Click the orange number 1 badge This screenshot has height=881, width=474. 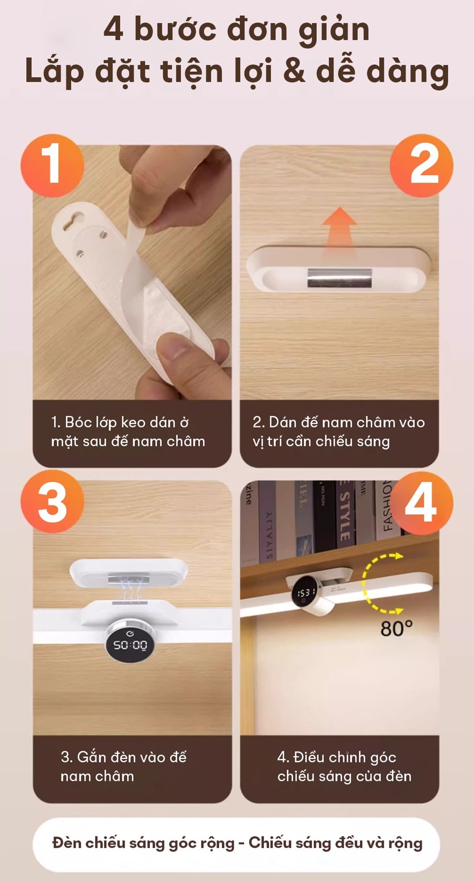pyautogui.click(x=52, y=165)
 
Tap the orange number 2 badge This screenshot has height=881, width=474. pyautogui.click(x=422, y=165)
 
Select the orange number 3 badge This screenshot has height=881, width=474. pyautogui.click(x=52, y=502)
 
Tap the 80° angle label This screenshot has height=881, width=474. pyautogui.click(x=396, y=629)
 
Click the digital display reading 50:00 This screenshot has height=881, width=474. pyautogui.click(x=130, y=644)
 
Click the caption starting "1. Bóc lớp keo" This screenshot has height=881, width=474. pyautogui.click(x=128, y=432)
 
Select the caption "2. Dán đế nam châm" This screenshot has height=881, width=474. pyautogui.click(x=339, y=432)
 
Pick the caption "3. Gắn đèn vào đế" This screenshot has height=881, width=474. pyautogui.click(x=123, y=767)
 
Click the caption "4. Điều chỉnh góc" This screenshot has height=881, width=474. pyautogui.click(x=344, y=767)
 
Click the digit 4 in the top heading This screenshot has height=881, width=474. pyautogui.click(x=114, y=29)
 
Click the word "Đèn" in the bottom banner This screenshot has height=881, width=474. pyautogui.click(x=66, y=843)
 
